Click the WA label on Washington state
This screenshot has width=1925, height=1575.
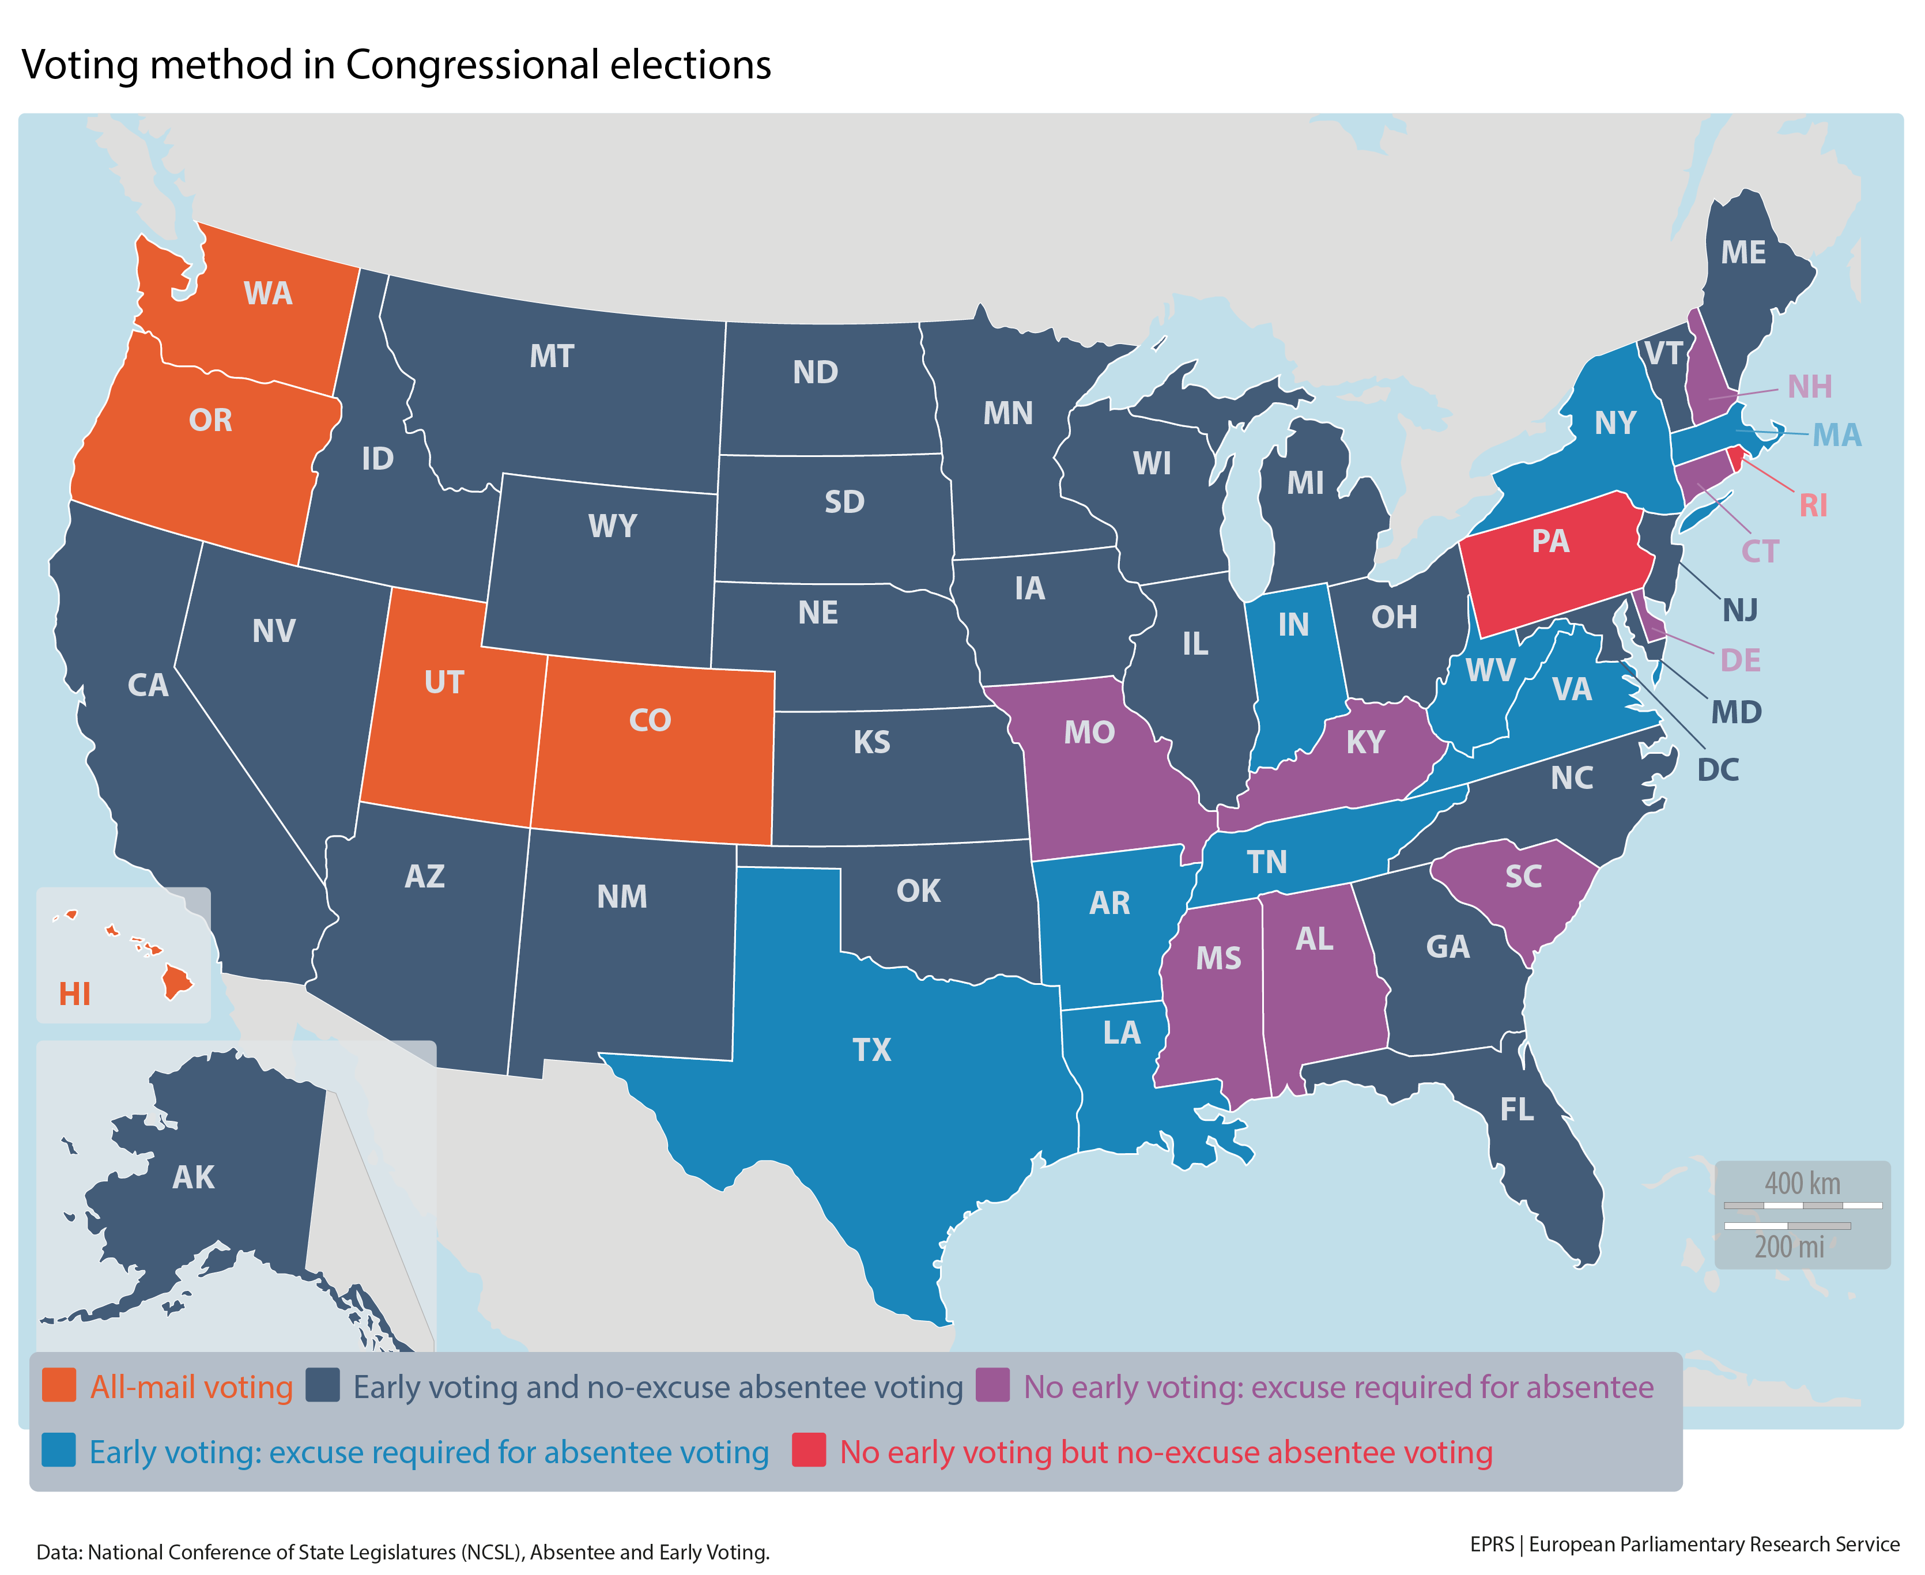click(267, 293)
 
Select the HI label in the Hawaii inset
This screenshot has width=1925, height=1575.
click(74, 994)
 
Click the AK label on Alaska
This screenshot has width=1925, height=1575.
click(193, 1177)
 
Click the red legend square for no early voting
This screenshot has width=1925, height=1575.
click(808, 1450)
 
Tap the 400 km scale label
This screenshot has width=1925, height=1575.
click(1802, 1184)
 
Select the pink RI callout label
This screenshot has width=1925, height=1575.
click(1813, 505)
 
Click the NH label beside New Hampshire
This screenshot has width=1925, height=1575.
click(1809, 387)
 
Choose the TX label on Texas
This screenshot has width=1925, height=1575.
click(872, 1049)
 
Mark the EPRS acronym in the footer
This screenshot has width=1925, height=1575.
click(1492, 1544)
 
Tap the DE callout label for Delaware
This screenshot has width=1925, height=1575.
click(1740, 660)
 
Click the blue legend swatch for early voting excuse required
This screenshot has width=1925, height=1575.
click(59, 1451)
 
